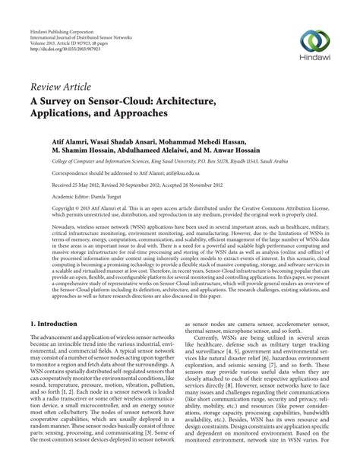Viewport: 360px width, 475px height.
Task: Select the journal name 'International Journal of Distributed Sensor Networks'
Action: (82, 18)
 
